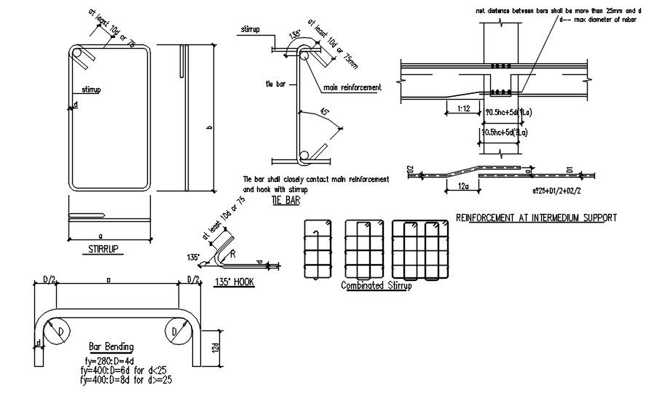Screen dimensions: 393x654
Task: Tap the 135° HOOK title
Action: (x=235, y=282)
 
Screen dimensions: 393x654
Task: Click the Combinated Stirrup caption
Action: (x=376, y=286)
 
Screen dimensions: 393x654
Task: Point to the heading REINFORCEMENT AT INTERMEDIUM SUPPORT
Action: (x=535, y=217)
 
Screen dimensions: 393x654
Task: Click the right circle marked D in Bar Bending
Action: (x=174, y=333)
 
